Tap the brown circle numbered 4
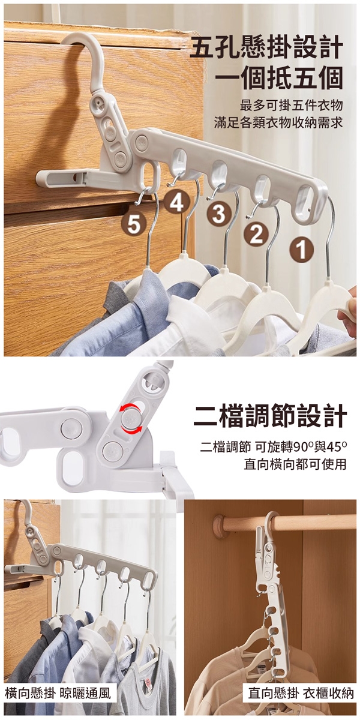coord(176,204)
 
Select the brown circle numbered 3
coord(219,214)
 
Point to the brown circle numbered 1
coord(301,251)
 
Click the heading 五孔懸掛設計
coord(266,47)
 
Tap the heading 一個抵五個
coord(278,78)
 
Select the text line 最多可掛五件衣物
coord(291,105)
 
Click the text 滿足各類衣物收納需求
coord(278,122)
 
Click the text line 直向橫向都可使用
coord(295,464)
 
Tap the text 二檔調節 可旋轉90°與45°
coord(273,446)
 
